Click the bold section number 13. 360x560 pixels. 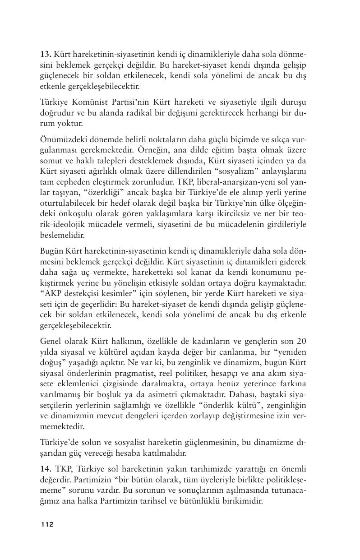tap(45, 55)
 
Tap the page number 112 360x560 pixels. tap(47, 524)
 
